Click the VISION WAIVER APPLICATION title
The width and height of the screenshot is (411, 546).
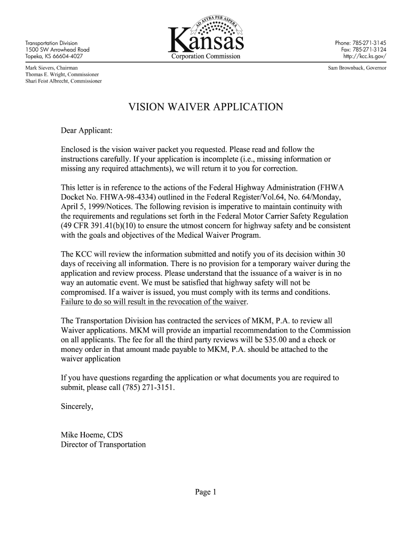(x=205, y=107)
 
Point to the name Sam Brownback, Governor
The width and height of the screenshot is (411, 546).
(x=357, y=68)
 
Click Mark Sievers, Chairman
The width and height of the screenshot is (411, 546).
(x=52, y=68)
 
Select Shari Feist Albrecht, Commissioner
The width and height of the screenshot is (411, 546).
(x=64, y=82)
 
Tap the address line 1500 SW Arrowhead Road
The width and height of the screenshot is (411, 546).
(x=54, y=50)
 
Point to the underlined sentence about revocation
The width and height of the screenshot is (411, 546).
(x=155, y=302)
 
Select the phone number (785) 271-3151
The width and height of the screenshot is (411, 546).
(x=144, y=387)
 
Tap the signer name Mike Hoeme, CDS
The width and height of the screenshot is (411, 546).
(x=92, y=435)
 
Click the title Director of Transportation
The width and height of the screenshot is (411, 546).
(x=103, y=444)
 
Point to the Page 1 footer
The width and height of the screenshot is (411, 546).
(x=205, y=492)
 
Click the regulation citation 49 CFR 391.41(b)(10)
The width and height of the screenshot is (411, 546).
(x=99, y=226)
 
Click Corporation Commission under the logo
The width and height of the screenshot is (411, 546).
(x=205, y=56)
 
